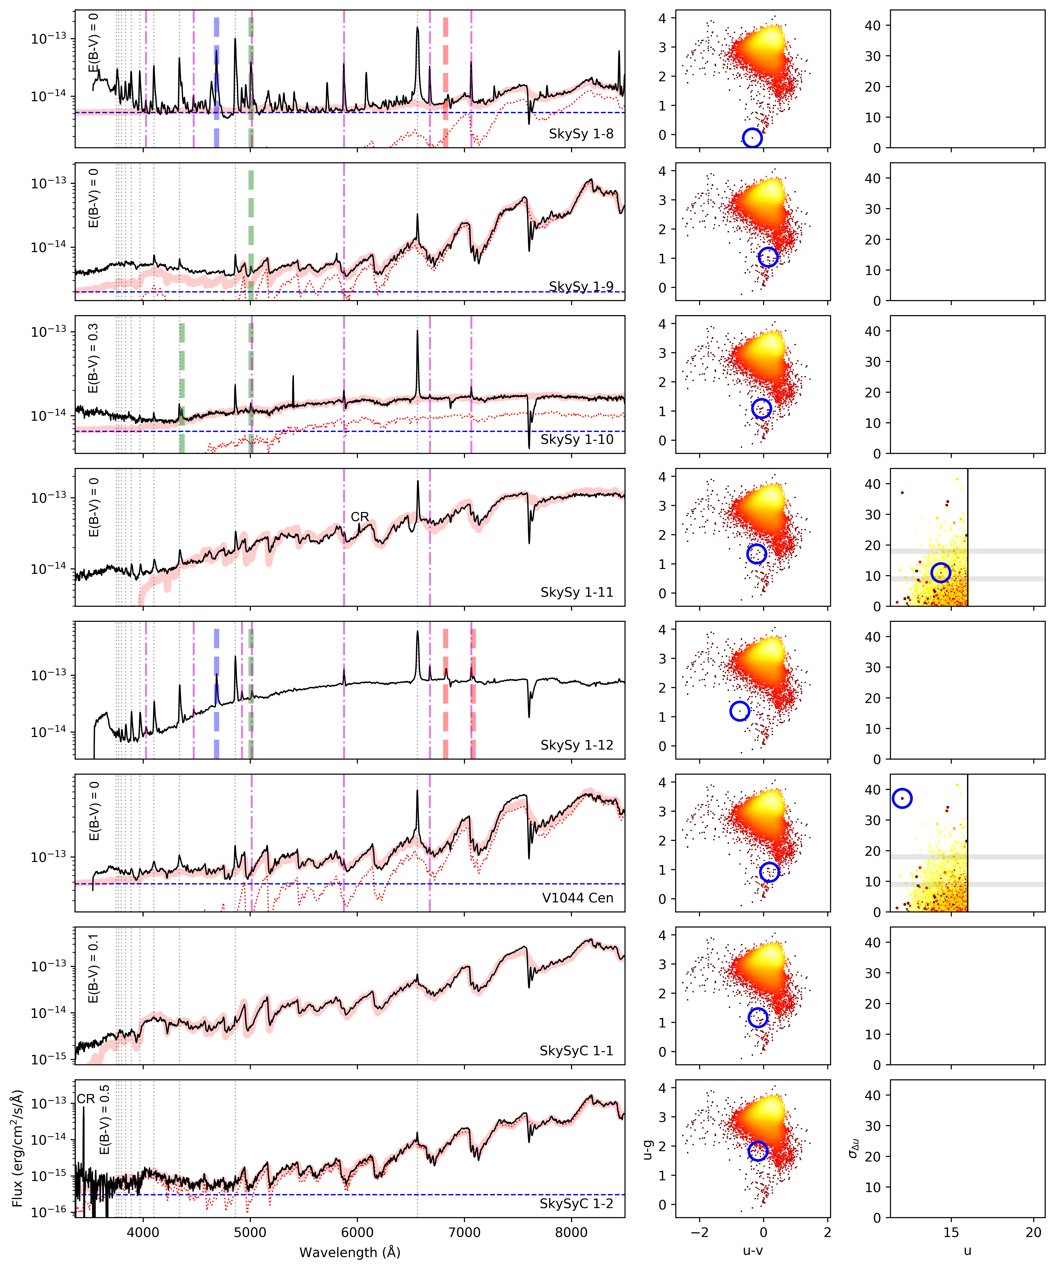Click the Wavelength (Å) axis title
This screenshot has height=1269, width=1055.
pyautogui.click(x=350, y=1252)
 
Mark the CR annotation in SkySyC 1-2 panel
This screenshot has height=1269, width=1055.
pyautogui.click(x=86, y=1099)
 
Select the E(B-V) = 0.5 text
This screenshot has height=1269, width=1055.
pyautogui.click(x=104, y=1119)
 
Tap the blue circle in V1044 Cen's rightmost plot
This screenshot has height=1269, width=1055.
pyautogui.click(x=902, y=798)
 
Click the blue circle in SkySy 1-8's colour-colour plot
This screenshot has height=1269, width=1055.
pyautogui.click(x=752, y=138)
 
